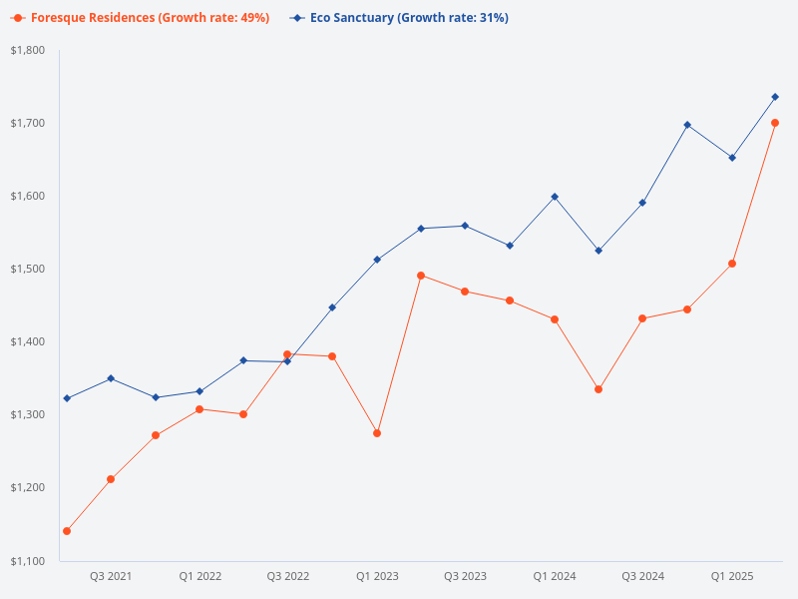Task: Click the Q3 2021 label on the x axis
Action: [111, 576]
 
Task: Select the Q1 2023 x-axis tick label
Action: [377, 576]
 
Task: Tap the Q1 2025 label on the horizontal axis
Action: [731, 576]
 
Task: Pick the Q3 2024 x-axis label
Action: [643, 576]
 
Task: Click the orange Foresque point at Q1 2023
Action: [377, 433]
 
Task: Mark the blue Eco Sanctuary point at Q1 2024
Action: [555, 197]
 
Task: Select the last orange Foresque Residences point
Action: [775, 123]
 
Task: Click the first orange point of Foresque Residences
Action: [67, 531]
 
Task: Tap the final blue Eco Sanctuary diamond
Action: [775, 97]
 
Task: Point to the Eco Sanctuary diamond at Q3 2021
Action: [111, 378]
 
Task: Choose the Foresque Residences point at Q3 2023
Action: [466, 292]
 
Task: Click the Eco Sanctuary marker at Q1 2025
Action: [732, 158]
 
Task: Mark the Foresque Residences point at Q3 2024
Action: [642, 318]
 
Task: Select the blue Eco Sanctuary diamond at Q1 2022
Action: [199, 391]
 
